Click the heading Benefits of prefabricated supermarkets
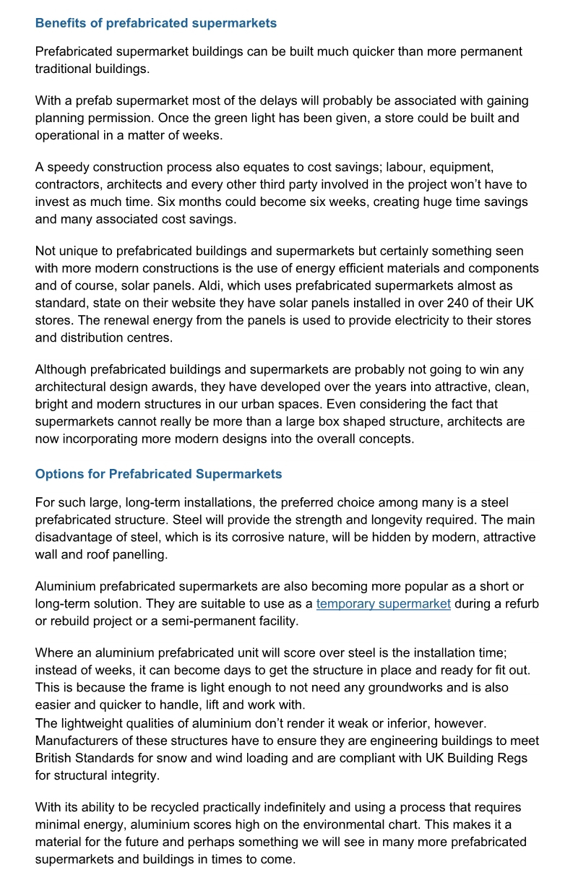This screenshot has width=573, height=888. pos(155,23)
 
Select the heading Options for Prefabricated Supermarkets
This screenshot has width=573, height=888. pos(158,474)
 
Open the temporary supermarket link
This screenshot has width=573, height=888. pos(383,603)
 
